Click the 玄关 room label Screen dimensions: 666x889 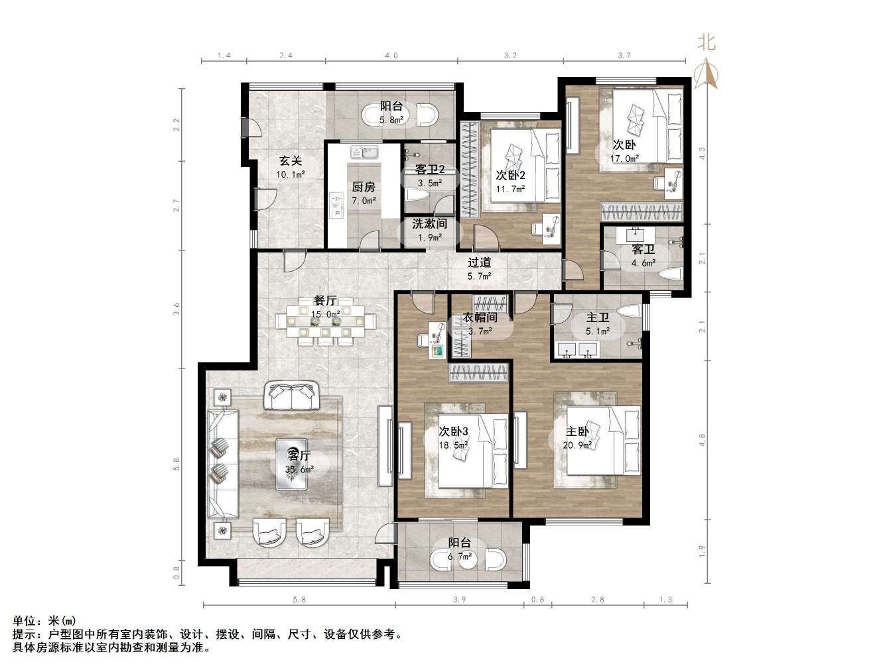click(x=290, y=160)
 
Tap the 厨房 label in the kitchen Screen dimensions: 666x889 click(x=364, y=187)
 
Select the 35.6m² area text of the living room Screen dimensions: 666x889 click(x=299, y=469)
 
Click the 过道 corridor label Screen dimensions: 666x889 click(x=479, y=262)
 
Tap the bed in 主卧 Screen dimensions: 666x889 click(x=597, y=441)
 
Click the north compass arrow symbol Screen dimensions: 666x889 click(x=707, y=74)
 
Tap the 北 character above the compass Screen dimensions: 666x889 click(x=707, y=42)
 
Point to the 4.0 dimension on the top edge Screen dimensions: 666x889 click(x=391, y=56)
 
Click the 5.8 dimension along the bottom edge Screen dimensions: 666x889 click(x=299, y=600)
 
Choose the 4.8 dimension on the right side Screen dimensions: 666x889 click(x=702, y=439)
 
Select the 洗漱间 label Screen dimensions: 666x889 click(x=429, y=224)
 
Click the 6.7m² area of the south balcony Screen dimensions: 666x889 click(x=459, y=557)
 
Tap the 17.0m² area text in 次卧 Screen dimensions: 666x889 click(x=624, y=158)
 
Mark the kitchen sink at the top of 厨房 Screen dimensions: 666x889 click(x=364, y=153)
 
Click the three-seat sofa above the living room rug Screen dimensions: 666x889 click(x=290, y=396)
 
